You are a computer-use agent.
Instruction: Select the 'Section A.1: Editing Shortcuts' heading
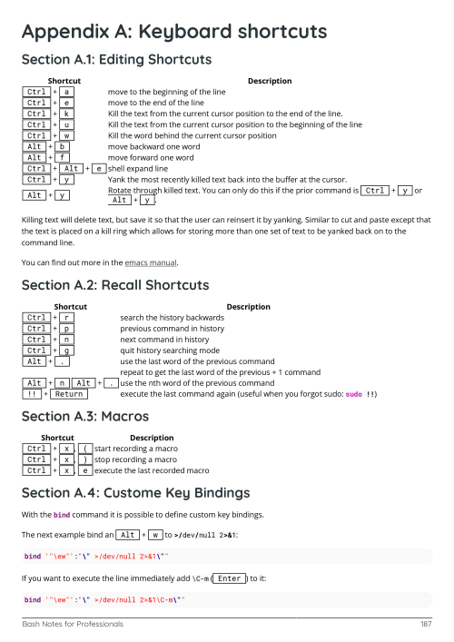tap(116, 60)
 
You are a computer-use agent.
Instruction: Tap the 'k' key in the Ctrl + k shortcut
tap(69, 114)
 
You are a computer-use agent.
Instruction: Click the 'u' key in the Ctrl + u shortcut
tap(69, 124)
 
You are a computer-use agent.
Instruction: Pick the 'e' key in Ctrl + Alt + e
tap(98, 168)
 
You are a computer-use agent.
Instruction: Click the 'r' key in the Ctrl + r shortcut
tap(69, 317)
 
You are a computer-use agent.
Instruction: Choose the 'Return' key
tap(69, 394)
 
